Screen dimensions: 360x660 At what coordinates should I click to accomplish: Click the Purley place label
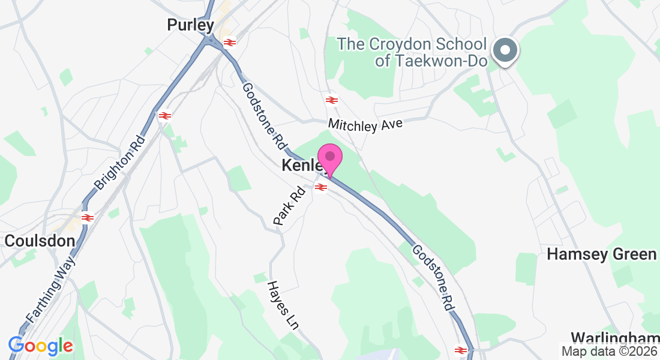click(x=190, y=25)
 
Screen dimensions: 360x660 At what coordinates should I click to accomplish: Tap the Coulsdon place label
click(x=40, y=241)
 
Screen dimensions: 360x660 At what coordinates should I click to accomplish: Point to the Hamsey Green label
click(x=602, y=254)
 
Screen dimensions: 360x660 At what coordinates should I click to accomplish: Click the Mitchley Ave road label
click(x=365, y=125)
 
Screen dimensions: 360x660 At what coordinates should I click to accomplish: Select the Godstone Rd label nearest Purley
click(x=263, y=116)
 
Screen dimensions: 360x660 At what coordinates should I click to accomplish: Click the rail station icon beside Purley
click(x=229, y=42)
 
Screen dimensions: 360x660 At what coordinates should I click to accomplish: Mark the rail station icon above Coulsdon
click(x=88, y=217)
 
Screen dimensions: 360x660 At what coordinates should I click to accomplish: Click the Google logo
click(x=40, y=346)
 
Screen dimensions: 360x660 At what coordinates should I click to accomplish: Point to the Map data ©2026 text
click(x=608, y=352)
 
